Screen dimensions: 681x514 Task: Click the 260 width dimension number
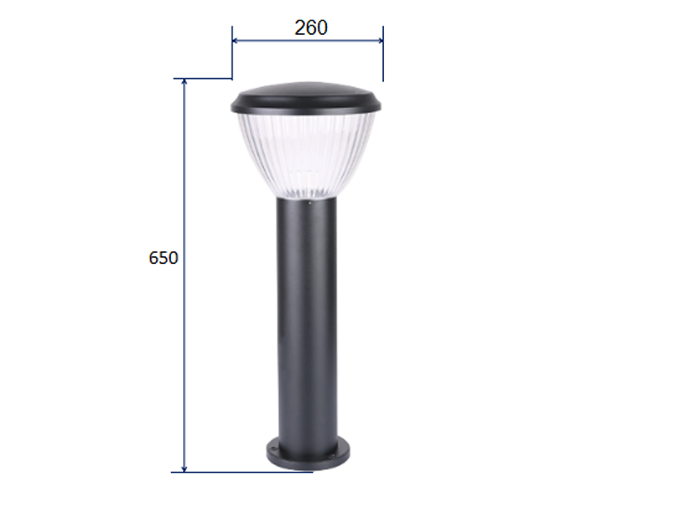(x=311, y=28)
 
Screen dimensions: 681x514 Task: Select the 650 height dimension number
(x=163, y=258)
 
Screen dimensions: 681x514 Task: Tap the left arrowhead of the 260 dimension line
(x=235, y=40)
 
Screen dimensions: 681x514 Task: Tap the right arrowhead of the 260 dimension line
(x=381, y=40)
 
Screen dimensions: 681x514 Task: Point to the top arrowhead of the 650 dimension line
(x=185, y=82)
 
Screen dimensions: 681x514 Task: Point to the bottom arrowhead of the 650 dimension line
(x=185, y=469)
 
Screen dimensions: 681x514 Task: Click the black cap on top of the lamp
(x=306, y=99)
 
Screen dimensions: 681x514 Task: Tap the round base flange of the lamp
(x=308, y=456)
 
